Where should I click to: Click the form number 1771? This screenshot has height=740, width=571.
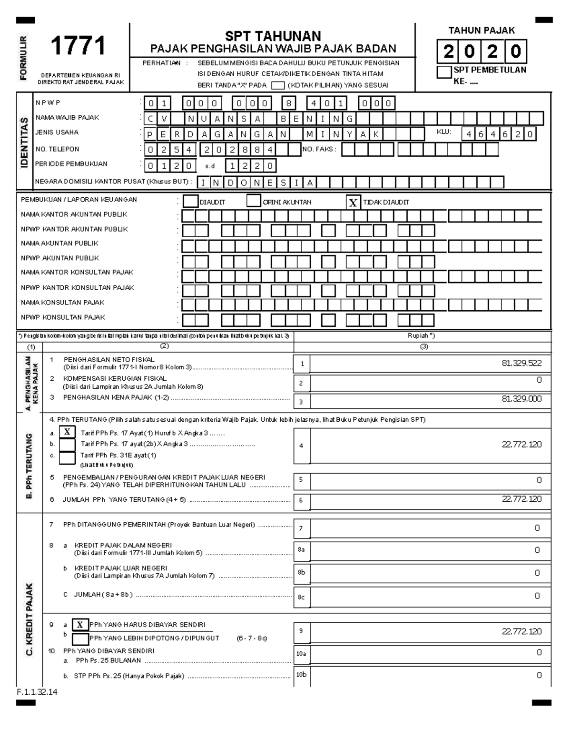pyautogui.click(x=78, y=47)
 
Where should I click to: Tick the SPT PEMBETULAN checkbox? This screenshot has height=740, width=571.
pyautogui.click(x=444, y=72)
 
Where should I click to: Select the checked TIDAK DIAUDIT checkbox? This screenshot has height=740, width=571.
pyautogui.click(x=353, y=203)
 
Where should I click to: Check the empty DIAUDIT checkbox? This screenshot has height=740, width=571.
pyautogui.click(x=190, y=202)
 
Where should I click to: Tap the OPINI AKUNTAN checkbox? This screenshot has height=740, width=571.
pyautogui.click(x=253, y=201)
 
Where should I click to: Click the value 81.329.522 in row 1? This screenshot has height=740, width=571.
pyautogui.click(x=522, y=363)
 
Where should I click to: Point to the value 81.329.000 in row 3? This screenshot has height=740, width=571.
pyautogui.click(x=522, y=399)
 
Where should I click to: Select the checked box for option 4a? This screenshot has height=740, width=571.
pyautogui.click(x=67, y=432)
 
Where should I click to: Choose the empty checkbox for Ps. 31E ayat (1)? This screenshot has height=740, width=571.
pyautogui.click(x=67, y=458)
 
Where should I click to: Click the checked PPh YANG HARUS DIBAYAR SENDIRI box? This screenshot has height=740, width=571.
pyautogui.click(x=80, y=625)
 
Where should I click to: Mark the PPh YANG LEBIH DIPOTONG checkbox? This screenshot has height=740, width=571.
pyautogui.click(x=80, y=639)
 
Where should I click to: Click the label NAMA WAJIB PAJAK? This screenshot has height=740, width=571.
pyautogui.click(x=67, y=117)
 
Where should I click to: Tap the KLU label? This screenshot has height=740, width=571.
pyautogui.click(x=443, y=132)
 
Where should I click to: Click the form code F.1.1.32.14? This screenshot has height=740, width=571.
pyautogui.click(x=37, y=692)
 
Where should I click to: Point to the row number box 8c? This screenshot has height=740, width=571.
pyautogui.click(x=301, y=597)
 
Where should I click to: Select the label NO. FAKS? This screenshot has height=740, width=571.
pyautogui.click(x=319, y=149)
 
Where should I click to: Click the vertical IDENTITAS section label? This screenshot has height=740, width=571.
pyautogui.click(x=24, y=142)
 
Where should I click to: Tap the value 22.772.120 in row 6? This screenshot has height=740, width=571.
pyautogui.click(x=522, y=499)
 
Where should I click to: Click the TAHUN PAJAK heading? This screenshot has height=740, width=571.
pyautogui.click(x=482, y=30)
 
